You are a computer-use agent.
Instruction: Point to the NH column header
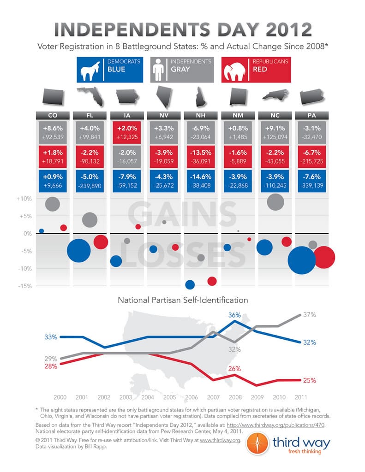201,116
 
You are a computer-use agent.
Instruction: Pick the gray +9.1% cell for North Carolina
275,133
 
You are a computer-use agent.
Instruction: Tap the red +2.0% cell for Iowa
126,133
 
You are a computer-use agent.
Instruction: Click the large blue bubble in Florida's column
79,251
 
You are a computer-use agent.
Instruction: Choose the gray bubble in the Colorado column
53,204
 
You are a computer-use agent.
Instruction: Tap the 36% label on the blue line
235,315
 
